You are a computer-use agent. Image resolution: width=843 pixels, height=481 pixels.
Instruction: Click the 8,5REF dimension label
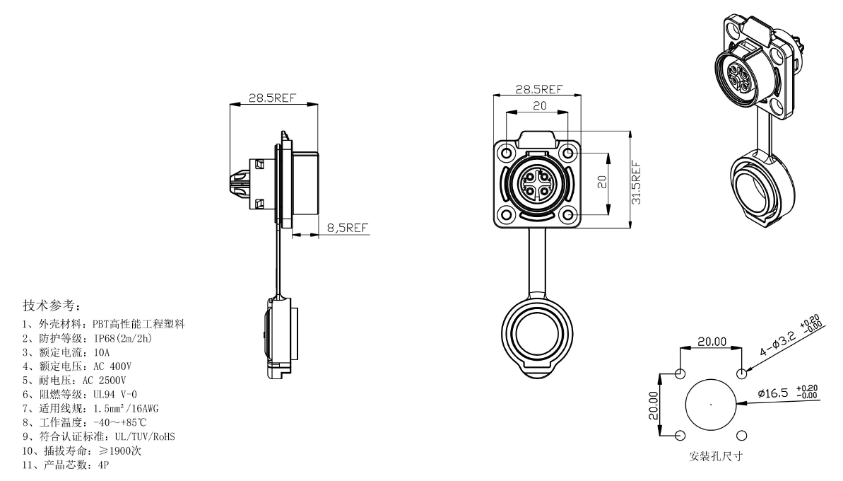pos(348,228)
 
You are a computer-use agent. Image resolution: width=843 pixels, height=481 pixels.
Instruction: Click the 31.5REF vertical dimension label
pos(636,182)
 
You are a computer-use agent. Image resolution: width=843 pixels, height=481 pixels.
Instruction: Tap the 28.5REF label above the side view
pos(273,98)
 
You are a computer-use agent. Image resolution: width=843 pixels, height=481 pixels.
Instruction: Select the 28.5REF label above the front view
pos(539,89)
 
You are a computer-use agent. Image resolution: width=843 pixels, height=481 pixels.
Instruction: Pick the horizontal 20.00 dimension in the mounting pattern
pos(712,341)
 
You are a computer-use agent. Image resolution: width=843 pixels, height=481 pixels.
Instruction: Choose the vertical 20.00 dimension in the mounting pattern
pos(653,405)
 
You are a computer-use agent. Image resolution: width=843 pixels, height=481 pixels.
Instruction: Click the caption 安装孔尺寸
pos(716,456)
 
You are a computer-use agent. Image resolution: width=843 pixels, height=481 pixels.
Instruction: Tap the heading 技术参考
pos(52,306)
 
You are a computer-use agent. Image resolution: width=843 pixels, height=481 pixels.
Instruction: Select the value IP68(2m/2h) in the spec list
pos(122,338)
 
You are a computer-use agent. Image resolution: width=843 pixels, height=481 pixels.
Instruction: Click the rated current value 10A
pos(101,352)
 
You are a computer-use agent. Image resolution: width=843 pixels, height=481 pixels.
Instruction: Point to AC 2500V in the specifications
pos(105,381)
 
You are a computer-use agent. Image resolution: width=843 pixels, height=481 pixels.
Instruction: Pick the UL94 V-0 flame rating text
pos(115,395)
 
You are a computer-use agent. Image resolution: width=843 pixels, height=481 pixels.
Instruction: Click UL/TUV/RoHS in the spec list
pos(145,436)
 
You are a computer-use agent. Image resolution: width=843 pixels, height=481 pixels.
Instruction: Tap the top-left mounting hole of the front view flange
pos(507,154)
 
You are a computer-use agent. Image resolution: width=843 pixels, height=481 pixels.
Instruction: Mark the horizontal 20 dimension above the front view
pos(539,106)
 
